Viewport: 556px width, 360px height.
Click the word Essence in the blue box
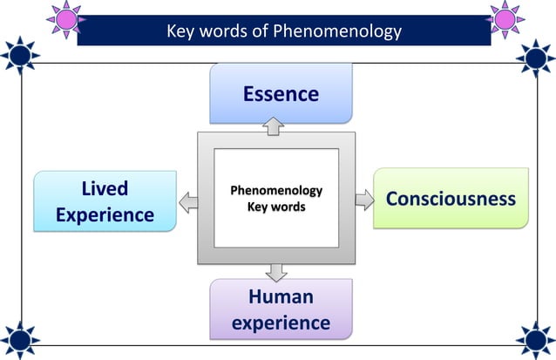(281, 93)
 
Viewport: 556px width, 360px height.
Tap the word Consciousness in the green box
(451, 198)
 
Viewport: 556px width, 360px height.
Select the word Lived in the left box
(105, 189)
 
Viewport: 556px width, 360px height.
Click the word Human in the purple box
(281, 296)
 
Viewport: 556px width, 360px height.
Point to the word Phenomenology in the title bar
(336, 31)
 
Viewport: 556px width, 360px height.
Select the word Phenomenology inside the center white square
(276, 190)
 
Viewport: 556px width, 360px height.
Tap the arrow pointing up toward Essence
(275, 126)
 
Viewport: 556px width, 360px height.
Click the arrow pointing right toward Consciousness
(364, 200)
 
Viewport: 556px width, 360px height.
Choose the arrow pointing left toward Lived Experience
(187, 203)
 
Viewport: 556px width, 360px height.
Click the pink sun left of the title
(65, 19)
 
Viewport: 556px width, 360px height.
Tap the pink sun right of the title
(505, 19)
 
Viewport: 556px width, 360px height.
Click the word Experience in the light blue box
(105, 215)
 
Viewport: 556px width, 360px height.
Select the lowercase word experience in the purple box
(281, 323)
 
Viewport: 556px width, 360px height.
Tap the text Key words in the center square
(276, 207)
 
